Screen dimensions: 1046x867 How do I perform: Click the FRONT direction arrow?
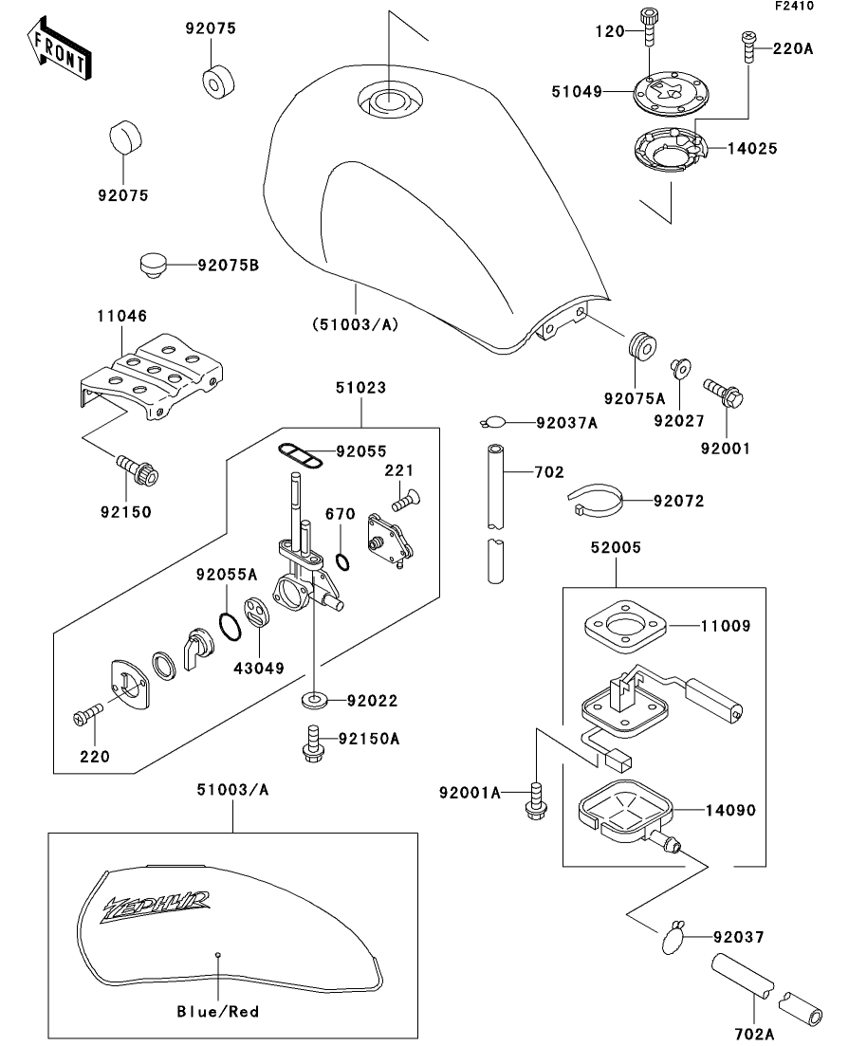tap(60, 52)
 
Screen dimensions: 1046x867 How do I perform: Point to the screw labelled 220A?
tap(747, 47)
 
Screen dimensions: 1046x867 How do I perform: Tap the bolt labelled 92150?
tap(138, 468)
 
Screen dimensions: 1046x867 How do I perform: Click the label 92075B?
tap(228, 266)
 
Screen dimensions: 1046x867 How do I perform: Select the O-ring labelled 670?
tap(346, 560)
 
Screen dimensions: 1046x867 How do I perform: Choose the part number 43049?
tap(259, 668)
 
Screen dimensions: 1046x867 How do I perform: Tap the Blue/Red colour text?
tap(218, 1011)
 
